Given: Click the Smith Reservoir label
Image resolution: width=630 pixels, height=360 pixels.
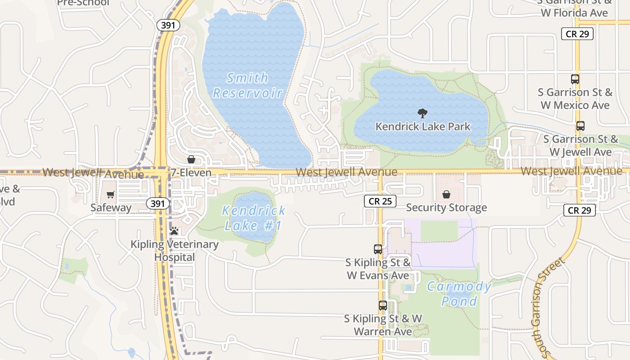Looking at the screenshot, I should [247, 85].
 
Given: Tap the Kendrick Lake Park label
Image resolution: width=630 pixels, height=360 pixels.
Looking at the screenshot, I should [423, 126].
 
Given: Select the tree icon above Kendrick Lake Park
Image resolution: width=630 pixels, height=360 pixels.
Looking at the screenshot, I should [422, 113].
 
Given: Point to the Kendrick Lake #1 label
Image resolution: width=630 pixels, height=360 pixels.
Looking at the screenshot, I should [254, 218].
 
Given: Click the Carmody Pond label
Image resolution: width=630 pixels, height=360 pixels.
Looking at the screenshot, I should [459, 293].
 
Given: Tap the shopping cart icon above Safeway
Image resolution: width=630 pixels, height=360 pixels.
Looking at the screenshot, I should [111, 195].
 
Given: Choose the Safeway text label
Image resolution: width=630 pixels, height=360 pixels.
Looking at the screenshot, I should [111, 207].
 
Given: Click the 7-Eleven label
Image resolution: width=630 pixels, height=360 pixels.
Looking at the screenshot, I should [191, 173].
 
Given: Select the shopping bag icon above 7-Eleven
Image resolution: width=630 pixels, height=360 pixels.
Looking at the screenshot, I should [191, 160].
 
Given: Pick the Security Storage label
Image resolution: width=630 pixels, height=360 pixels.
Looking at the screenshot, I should [446, 207].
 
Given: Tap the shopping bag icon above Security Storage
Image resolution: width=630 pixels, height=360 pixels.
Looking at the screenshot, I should [446, 194].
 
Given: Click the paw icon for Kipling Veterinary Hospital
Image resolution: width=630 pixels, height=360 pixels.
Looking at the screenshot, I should [174, 231].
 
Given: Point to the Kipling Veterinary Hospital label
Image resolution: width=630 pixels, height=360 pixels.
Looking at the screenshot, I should [174, 251].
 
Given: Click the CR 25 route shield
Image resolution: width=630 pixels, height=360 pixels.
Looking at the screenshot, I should [380, 201].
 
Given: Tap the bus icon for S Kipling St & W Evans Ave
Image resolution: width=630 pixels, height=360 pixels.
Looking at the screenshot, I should [378, 249].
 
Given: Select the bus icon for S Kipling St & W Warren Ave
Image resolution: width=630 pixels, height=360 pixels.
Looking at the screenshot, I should [382, 306].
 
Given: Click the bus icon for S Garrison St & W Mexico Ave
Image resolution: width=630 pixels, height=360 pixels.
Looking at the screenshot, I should [575, 79].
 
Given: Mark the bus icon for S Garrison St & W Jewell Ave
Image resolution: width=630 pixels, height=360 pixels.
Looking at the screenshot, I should [580, 126].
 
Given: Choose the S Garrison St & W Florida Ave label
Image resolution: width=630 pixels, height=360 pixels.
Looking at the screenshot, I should [575, 8].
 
